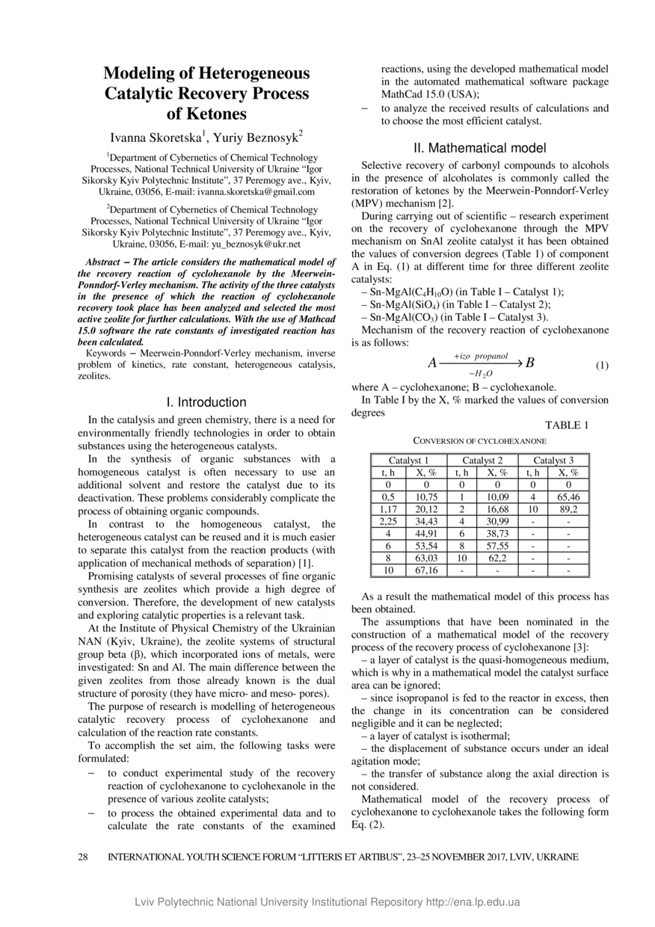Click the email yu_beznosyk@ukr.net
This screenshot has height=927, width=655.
(256, 244)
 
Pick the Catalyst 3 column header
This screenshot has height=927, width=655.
(553, 461)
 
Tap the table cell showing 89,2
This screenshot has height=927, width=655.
(568, 508)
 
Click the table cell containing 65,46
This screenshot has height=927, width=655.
(568, 496)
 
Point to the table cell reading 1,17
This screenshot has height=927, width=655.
(388, 508)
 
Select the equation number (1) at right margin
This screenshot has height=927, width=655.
(602, 366)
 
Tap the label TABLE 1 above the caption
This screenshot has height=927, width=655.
(568, 425)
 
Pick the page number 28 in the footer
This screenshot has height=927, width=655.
(83, 857)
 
